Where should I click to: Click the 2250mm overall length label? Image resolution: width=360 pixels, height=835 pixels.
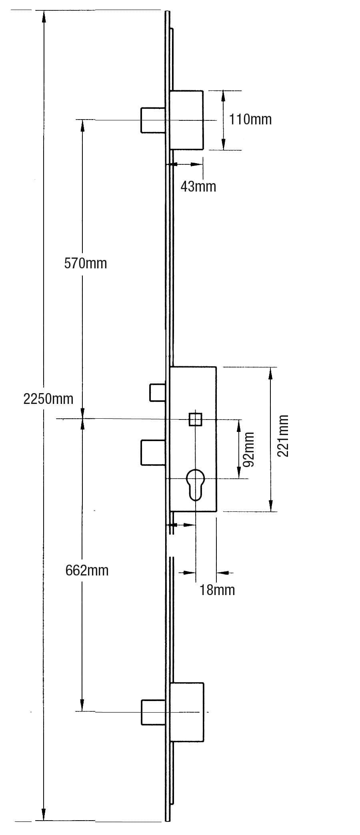coord(48,399)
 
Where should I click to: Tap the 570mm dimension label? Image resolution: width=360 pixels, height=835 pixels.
coord(86,263)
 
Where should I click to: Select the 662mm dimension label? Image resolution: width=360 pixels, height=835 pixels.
coord(87,570)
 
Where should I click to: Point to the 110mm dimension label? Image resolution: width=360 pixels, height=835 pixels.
coord(250,119)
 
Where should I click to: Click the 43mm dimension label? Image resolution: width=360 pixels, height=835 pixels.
coord(198,186)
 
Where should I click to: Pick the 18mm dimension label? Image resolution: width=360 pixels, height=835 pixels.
coord(217,590)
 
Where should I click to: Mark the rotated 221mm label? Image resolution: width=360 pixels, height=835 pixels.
coord(283,436)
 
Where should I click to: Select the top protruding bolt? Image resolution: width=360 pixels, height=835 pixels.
coord(153,120)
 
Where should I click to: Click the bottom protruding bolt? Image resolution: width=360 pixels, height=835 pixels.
coord(153,712)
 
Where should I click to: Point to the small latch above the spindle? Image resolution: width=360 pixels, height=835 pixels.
coord(158,392)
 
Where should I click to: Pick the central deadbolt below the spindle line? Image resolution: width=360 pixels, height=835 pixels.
coord(153,452)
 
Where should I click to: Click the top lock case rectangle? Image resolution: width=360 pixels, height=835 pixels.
coord(187,120)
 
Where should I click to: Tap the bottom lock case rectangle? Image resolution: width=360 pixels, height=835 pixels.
coord(187,712)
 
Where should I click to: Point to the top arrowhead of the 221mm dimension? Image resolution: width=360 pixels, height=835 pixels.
coord(271,373)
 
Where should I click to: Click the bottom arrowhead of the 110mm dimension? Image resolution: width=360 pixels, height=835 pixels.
coord(224,145)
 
